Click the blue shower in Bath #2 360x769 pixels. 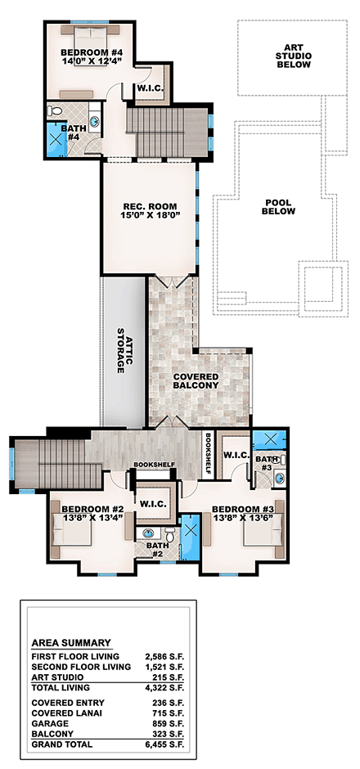[x=189, y=539]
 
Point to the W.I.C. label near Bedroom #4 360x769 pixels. [x=148, y=88]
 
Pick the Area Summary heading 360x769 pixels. [x=71, y=642]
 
